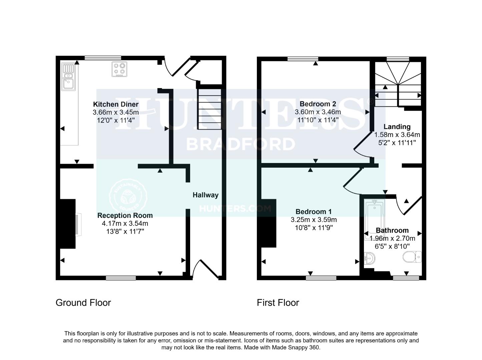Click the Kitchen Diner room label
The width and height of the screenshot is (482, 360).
click(115, 104)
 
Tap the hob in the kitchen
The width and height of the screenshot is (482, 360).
click(119, 69)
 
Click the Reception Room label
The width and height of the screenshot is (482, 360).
click(125, 215)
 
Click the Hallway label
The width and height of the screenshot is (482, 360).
click(205, 195)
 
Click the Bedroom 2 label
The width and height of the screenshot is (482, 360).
click(318, 104)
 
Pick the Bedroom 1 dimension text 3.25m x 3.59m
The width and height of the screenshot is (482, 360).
click(314, 220)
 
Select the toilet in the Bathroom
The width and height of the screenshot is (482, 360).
click(412, 257)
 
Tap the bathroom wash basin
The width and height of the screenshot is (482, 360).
click(370, 258)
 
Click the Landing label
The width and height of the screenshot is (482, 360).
click(397, 127)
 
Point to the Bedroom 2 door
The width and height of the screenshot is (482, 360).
click(362, 144)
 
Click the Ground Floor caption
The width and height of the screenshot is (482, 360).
click(83, 303)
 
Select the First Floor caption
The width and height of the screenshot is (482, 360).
click(278, 303)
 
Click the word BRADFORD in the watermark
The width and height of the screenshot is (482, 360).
click(240, 144)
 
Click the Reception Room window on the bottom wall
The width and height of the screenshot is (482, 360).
click(121, 278)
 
